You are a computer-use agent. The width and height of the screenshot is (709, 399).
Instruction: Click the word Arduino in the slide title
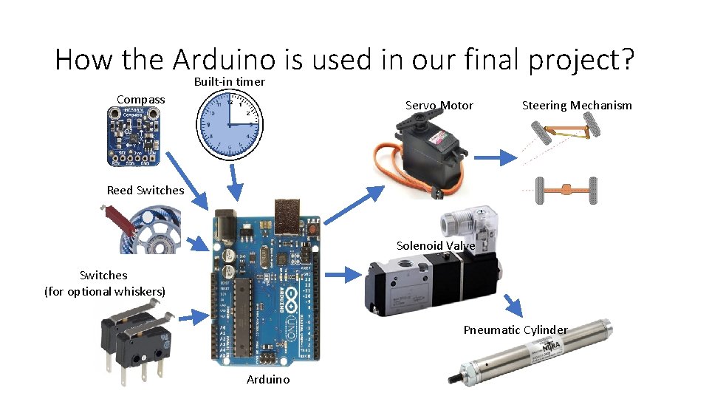[235, 59]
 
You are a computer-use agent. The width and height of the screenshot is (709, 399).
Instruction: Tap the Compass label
[141, 99]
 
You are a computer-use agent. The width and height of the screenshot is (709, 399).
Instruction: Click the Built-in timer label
[229, 81]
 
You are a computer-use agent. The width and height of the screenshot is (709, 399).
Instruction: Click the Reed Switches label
[145, 190]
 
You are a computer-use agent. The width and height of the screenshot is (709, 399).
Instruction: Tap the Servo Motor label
[439, 106]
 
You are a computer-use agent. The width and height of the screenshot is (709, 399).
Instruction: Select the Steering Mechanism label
[577, 105]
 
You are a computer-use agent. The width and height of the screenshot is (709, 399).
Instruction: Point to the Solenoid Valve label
[436, 245]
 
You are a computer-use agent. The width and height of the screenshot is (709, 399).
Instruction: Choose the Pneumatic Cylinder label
[516, 330]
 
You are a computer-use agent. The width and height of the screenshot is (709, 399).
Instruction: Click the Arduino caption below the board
[268, 379]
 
